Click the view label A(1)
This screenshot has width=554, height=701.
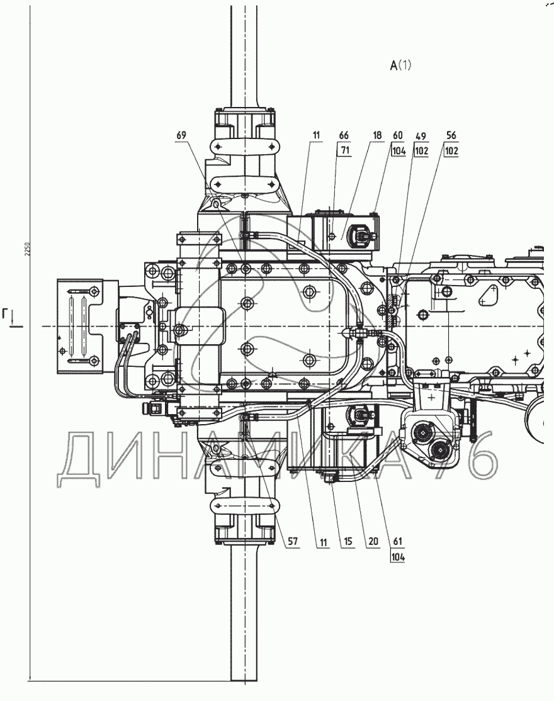[x=400, y=65]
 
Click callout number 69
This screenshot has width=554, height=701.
[x=181, y=135]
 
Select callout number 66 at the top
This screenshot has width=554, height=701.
[x=343, y=135]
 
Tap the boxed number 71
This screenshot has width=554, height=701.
[x=344, y=150]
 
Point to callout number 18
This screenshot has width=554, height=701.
[x=377, y=135]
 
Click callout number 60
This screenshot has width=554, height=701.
[x=397, y=135]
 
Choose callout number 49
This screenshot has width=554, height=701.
[x=421, y=135]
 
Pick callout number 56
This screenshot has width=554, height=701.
[x=451, y=135]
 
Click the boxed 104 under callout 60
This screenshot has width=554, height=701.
[x=399, y=150]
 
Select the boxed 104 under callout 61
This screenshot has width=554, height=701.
[x=397, y=557]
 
